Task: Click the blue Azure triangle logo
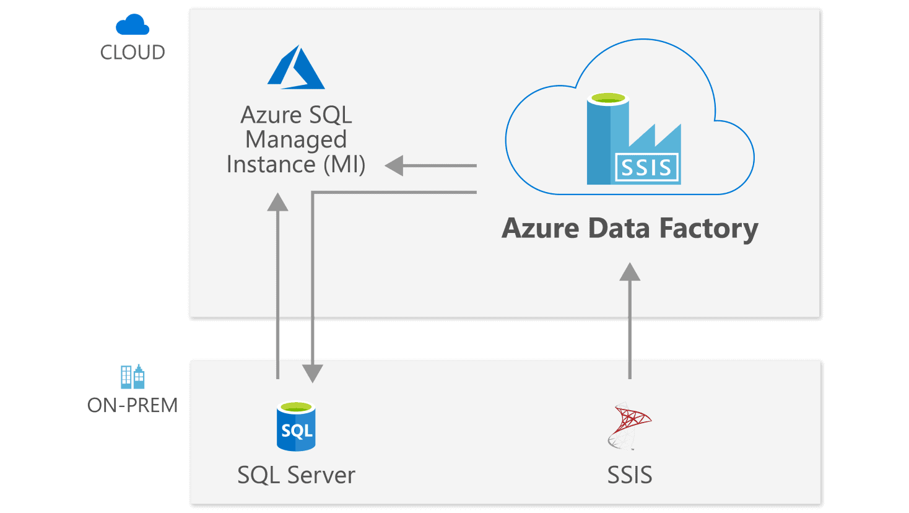[296, 68]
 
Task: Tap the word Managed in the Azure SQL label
[295, 140]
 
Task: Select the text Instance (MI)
[296, 165]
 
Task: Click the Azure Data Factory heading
[630, 228]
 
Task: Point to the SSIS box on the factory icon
[646, 168]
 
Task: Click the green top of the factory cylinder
[609, 99]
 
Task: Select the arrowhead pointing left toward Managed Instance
[395, 166]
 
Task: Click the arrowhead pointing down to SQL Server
[313, 372]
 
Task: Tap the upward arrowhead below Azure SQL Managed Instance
[278, 203]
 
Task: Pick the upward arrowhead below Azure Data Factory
[630, 272]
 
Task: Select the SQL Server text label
[296, 475]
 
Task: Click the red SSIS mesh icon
[629, 426]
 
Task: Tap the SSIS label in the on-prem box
[630, 475]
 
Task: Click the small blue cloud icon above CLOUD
[133, 25]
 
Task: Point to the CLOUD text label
[133, 52]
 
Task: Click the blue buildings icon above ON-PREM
[133, 376]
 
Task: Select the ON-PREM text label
[133, 405]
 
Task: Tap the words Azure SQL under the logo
[296, 115]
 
